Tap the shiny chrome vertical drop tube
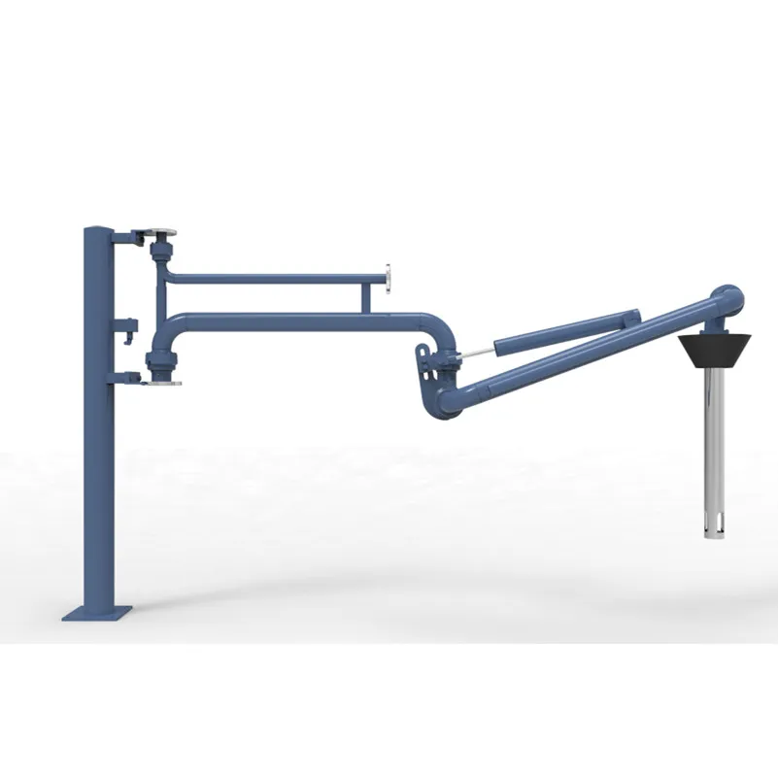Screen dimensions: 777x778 tap(719, 427)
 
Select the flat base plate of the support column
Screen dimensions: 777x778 tap(97, 612)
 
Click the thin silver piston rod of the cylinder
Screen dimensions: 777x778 tap(476, 351)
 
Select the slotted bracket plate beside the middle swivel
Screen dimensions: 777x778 tap(428, 364)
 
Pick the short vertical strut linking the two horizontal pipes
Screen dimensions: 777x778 tap(365, 297)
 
